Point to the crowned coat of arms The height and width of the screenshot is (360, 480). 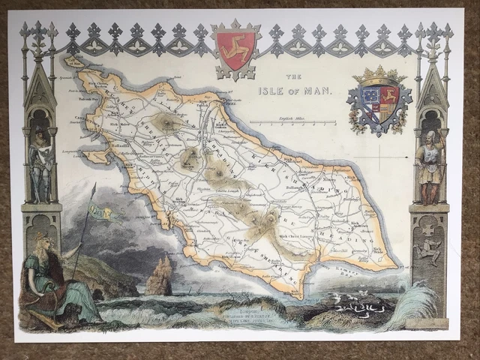click(379, 102)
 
